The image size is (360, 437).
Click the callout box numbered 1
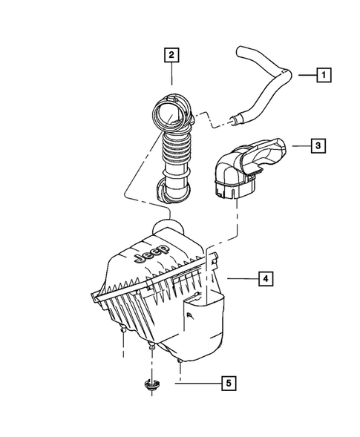[x=324, y=74]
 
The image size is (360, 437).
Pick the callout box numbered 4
[x=264, y=279]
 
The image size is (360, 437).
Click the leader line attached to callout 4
[x=241, y=279]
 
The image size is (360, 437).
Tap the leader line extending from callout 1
[x=307, y=74]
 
